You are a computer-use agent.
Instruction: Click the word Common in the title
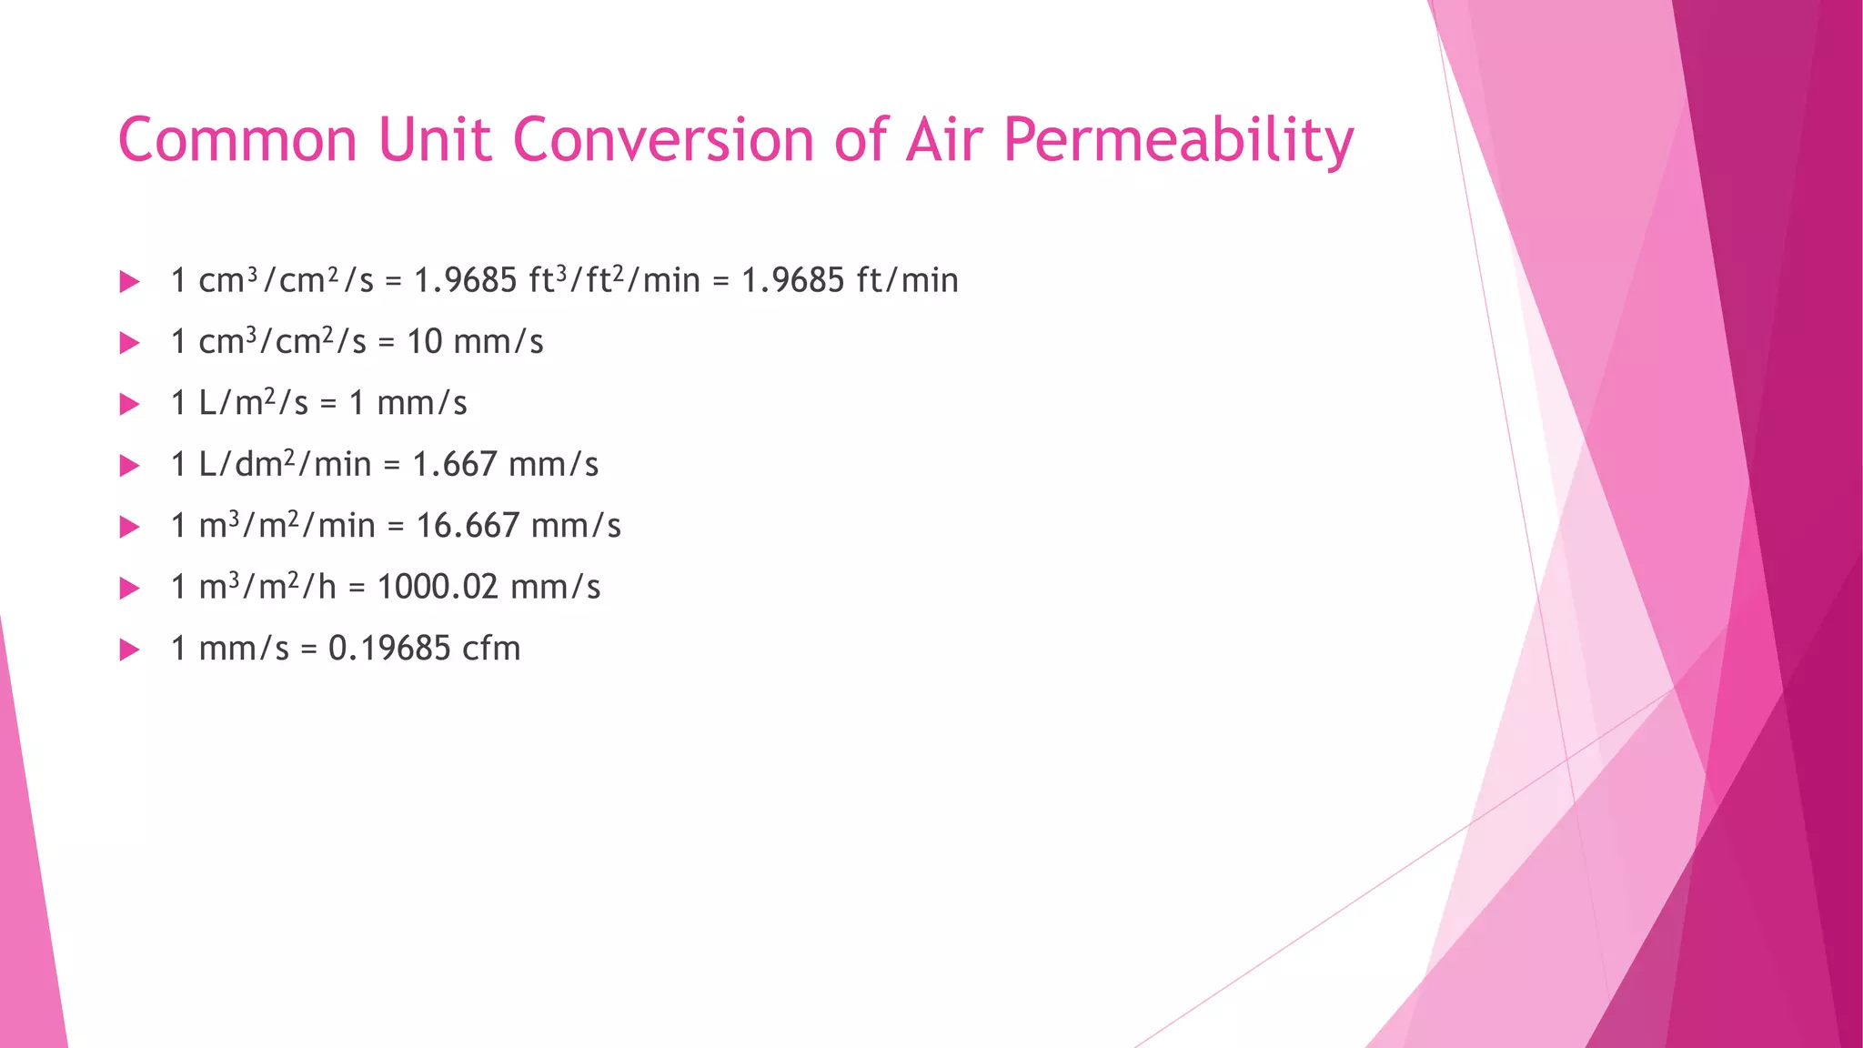click(237, 141)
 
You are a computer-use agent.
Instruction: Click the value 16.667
click(468, 526)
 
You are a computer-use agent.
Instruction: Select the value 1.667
click(455, 465)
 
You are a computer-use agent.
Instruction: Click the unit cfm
click(491, 649)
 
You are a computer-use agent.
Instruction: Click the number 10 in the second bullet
click(424, 342)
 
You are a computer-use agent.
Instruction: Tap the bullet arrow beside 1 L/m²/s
click(129, 404)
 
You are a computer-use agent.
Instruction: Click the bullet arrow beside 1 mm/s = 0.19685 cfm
click(129, 650)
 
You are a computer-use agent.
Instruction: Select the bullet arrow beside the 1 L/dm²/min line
click(129, 466)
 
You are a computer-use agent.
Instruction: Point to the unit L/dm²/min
click(285, 465)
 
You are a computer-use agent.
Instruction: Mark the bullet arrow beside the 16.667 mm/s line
click(129, 527)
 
